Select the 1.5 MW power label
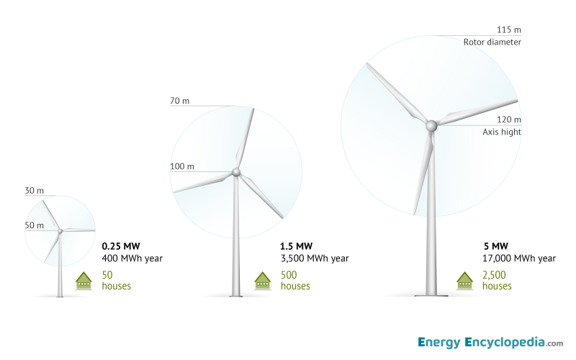(x=296, y=245)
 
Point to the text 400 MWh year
(x=132, y=258)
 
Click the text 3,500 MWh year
(x=314, y=258)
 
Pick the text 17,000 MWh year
(x=518, y=258)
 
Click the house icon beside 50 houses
(x=84, y=280)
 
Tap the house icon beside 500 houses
(x=263, y=280)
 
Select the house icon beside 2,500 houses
(x=465, y=280)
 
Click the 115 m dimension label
(x=508, y=30)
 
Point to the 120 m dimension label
(x=508, y=120)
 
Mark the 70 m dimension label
(x=179, y=101)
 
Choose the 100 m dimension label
(x=181, y=166)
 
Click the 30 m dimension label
(x=34, y=191)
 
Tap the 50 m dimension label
(x=34, y=225)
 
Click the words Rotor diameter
(x=492, y=42)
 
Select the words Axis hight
(x=502, y=132)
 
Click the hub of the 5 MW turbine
(x=431, y=126)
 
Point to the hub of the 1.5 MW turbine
(x=235, y=172)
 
